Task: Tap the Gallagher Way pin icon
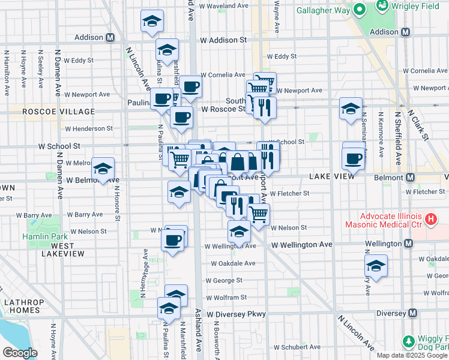[360, 10]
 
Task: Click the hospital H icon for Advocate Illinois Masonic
[430, 220]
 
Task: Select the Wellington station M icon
[408, 244]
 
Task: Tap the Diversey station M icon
[412, 313]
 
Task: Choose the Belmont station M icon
[411, 178]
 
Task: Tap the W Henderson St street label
[89, 128]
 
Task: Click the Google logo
[20, 353]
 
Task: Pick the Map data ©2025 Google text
[412, 355]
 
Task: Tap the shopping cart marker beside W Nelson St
[258, 214]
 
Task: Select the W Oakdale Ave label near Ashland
[233, 263]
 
